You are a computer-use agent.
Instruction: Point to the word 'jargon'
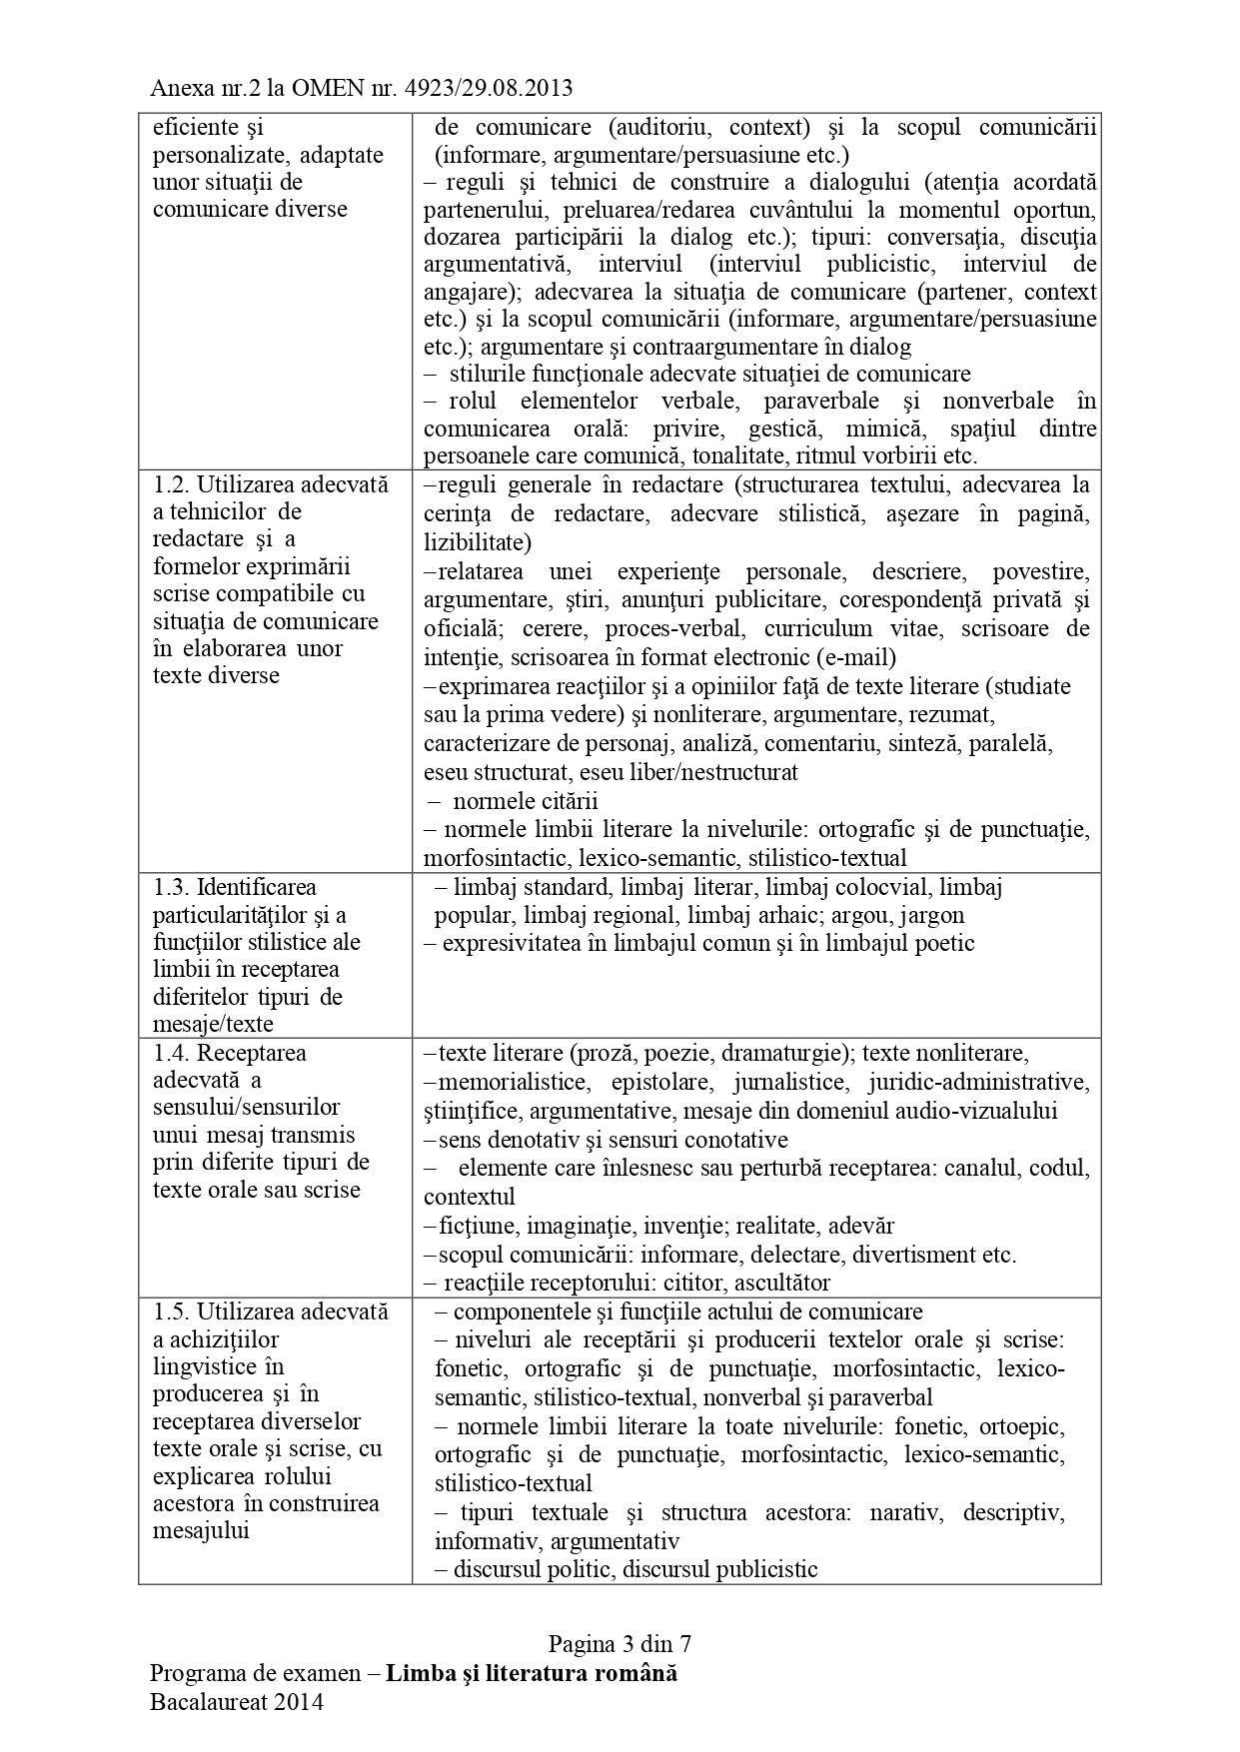pos(934,915)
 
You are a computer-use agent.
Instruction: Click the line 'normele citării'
pos(526,801)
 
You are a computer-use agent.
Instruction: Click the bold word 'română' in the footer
pos(635,1673)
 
